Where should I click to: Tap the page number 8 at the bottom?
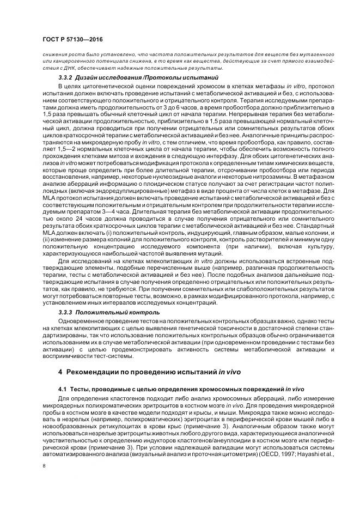click(44, 465)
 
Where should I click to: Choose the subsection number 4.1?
click(63, 390)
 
